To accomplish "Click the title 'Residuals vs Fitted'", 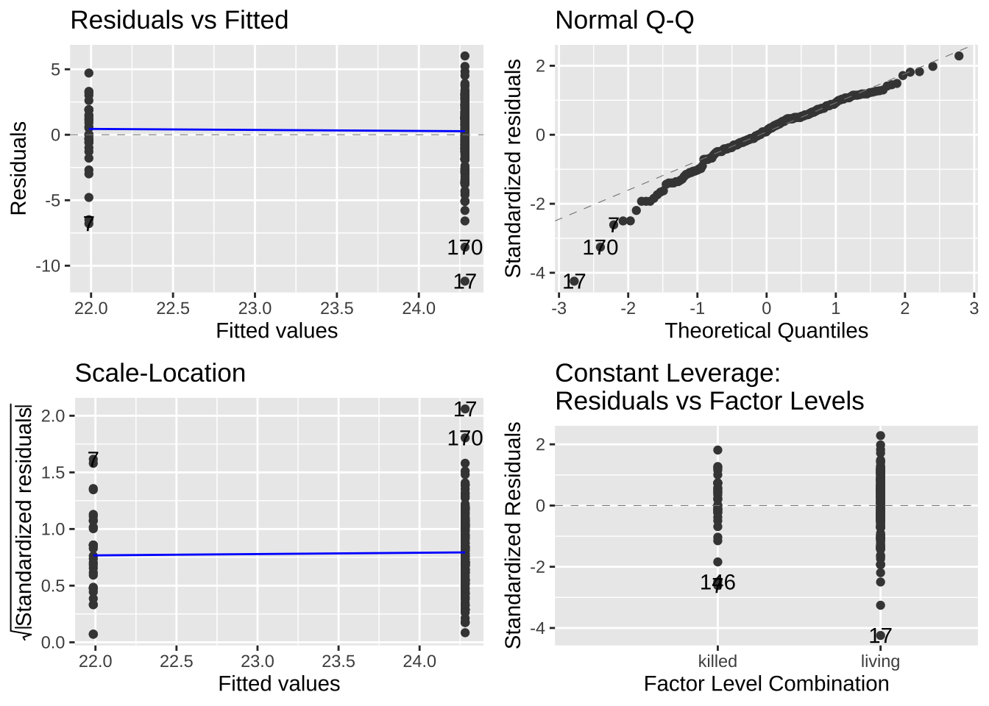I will point(179,20).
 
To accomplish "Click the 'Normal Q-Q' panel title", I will point(624,20).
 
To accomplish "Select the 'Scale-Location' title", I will point(160,373).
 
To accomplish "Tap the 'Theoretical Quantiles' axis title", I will point(766,331).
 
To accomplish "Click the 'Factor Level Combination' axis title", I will point(766,684).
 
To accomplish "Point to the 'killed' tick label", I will point(717,661).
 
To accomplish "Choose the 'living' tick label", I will point(880,661).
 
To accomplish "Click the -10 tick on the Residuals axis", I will point(49,266).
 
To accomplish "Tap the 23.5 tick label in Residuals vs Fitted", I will point(337,308).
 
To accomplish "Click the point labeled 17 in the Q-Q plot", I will point(574,281).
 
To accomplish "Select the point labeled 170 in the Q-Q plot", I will point(600,247).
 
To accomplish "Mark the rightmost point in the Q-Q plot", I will point(959,56).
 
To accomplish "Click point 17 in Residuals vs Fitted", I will point(464,281).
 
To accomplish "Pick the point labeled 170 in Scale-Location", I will point(464,438).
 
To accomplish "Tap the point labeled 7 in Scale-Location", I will point(93,460).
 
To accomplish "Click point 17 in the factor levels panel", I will point(880,635).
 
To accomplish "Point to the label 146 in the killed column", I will point(717,582).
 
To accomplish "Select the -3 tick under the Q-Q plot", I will point(559,308).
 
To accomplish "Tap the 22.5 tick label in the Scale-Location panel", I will point(176,661).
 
